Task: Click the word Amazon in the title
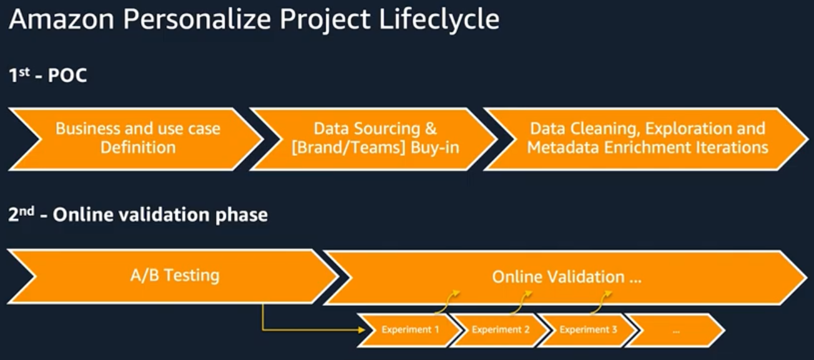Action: (x=61, y=19)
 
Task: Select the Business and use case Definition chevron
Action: (x=137, y=139)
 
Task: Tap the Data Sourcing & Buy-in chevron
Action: (x=375, y=139)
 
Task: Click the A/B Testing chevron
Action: (x=175, y=276)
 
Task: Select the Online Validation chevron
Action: (x=566, y=277)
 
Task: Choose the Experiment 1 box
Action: (x=410, y=330)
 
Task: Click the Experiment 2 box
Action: (x=500, y=330)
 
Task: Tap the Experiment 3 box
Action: (x=588, y=330)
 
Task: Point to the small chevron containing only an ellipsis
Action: (x=676, y=330)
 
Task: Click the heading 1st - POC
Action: (x=47, y=77)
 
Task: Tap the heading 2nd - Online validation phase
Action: (x=138, y=215)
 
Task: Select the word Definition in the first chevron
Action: (x=137, y=148)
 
